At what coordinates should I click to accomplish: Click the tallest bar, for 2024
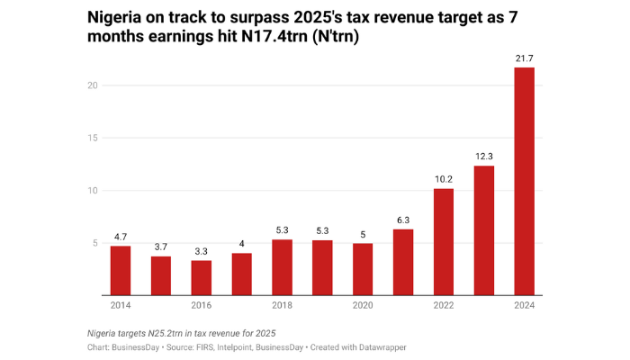click(x=524, y=181)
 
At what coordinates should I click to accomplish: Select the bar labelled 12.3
click(x=483, y=230)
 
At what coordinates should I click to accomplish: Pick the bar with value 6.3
click(x=403, y=262)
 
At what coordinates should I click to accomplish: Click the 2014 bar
click(x=121, y=270)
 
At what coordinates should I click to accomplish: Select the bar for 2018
click(x=282, y=267)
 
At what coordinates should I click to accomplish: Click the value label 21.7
click(x=524, y=58)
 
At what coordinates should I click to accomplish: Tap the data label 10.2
click(x=443, y=179)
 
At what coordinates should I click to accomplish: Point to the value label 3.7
click(x=161, y=247)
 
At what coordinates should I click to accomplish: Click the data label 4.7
click(x=121, y=237)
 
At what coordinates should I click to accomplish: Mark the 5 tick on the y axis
click(x=94, y=243)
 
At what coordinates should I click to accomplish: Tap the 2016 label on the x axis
click(x=202, y=306)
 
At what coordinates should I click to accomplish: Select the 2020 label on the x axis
click(x=363, y=306)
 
